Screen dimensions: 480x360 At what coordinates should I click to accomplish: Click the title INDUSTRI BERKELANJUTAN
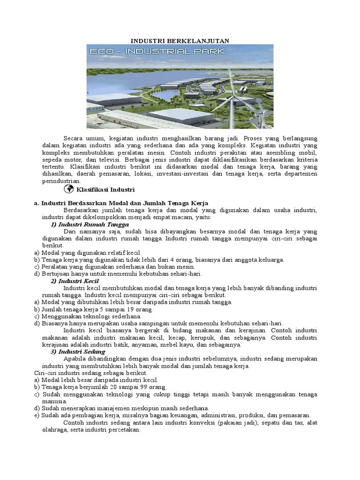coord(180,41)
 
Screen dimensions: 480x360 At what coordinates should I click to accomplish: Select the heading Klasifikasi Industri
coord(105,190)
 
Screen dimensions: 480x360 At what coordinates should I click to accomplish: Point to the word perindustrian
coord(61,181)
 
